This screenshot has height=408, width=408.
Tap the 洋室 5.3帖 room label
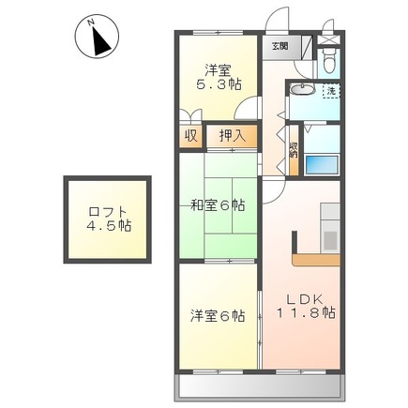coord(217,75)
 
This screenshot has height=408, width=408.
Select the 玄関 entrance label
coord(280,44)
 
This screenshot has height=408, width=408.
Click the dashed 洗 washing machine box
coord(331,92)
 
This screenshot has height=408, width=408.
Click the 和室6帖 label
coord(217,204)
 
